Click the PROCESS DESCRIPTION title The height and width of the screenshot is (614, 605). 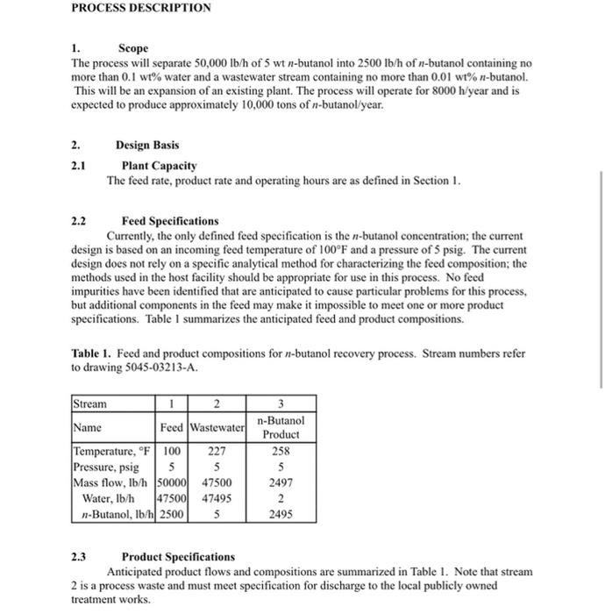click(x=141, y=8)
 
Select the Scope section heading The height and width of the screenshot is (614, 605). click(x=134, y=47)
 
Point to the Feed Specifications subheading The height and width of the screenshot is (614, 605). click(x=170, y=221)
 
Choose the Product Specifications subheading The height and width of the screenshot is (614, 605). click(x=178, y=556)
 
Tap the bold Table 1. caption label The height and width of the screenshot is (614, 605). click(x=94, y=354)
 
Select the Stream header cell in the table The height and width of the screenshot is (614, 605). click(x=89, y=404)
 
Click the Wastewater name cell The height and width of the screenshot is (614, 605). click(x=217, y=427)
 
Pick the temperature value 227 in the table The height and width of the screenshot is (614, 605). click(x=217, y=451)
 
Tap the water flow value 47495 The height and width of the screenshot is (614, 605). click(x=217, y=498)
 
